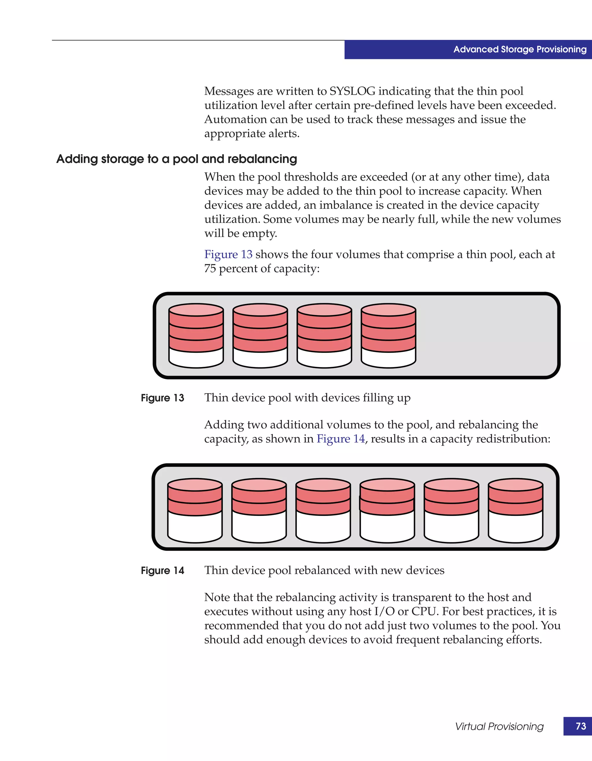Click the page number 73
point(580,726)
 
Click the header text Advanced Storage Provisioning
point(519,49)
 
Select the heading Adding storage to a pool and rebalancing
point(177,159)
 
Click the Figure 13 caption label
point(162,398)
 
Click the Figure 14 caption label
point(162,571)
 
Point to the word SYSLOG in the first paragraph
point(352,91)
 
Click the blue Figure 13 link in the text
point(228,254)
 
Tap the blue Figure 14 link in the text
point(341,439)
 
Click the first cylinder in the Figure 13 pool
point(196,336)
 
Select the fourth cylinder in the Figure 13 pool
point(388,336)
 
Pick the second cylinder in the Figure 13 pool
point(260,336)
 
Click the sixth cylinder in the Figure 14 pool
point(515,510)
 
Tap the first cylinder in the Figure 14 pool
point(195,510)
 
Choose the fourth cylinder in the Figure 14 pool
point(387,510)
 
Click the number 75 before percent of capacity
point(210,269)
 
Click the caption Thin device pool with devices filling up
point(307,398)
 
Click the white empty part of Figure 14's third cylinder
point(323,528)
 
